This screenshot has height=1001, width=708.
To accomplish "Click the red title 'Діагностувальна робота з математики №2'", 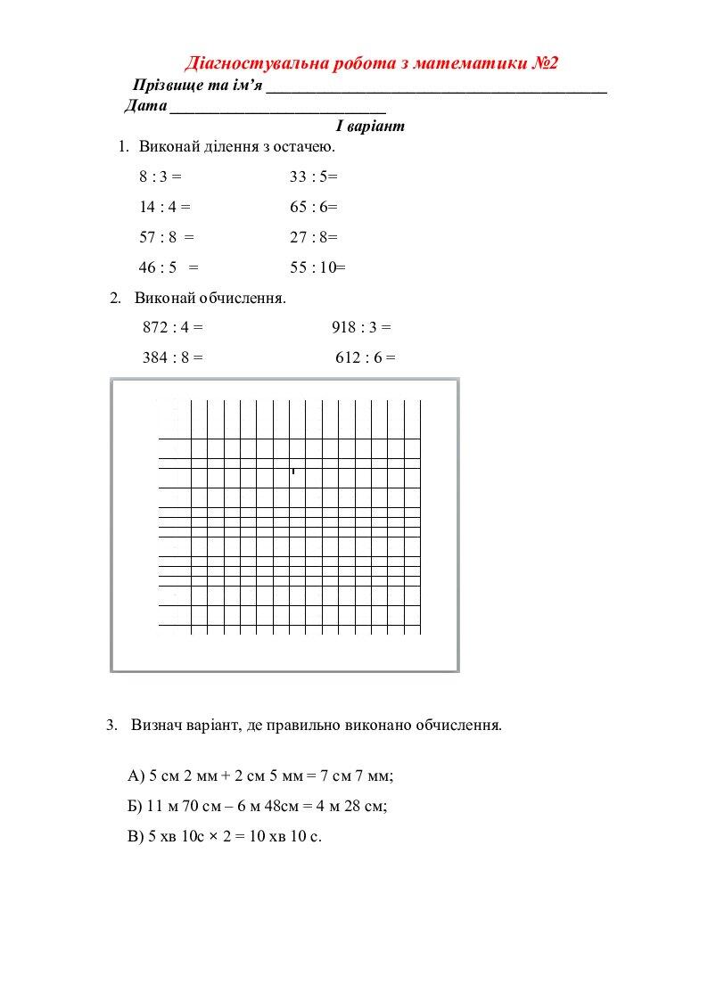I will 371,63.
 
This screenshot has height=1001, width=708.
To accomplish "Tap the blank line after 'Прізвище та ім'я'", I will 436,90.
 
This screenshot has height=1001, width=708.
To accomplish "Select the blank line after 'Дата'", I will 277,111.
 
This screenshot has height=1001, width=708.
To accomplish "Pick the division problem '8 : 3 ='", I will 160,176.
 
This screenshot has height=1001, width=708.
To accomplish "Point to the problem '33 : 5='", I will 314,176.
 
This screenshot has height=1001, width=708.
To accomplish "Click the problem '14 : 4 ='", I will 165,207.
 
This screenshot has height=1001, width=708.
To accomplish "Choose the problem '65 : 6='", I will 314,207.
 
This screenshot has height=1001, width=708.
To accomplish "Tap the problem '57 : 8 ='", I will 166,237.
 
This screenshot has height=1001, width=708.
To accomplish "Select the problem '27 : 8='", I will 314,237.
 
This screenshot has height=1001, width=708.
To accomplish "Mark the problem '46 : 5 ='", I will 168,267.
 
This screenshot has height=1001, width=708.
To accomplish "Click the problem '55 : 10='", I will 317,267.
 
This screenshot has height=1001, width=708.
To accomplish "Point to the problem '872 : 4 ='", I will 173,327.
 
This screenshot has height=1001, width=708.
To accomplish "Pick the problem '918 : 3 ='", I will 361,327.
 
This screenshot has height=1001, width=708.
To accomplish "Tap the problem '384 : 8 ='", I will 173,357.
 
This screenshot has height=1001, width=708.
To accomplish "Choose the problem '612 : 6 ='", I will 366,357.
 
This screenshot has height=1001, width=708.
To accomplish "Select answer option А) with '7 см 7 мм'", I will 261,775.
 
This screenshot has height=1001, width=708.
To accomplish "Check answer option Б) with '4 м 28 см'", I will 258,806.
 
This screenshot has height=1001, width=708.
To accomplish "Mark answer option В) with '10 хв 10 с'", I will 225,836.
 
